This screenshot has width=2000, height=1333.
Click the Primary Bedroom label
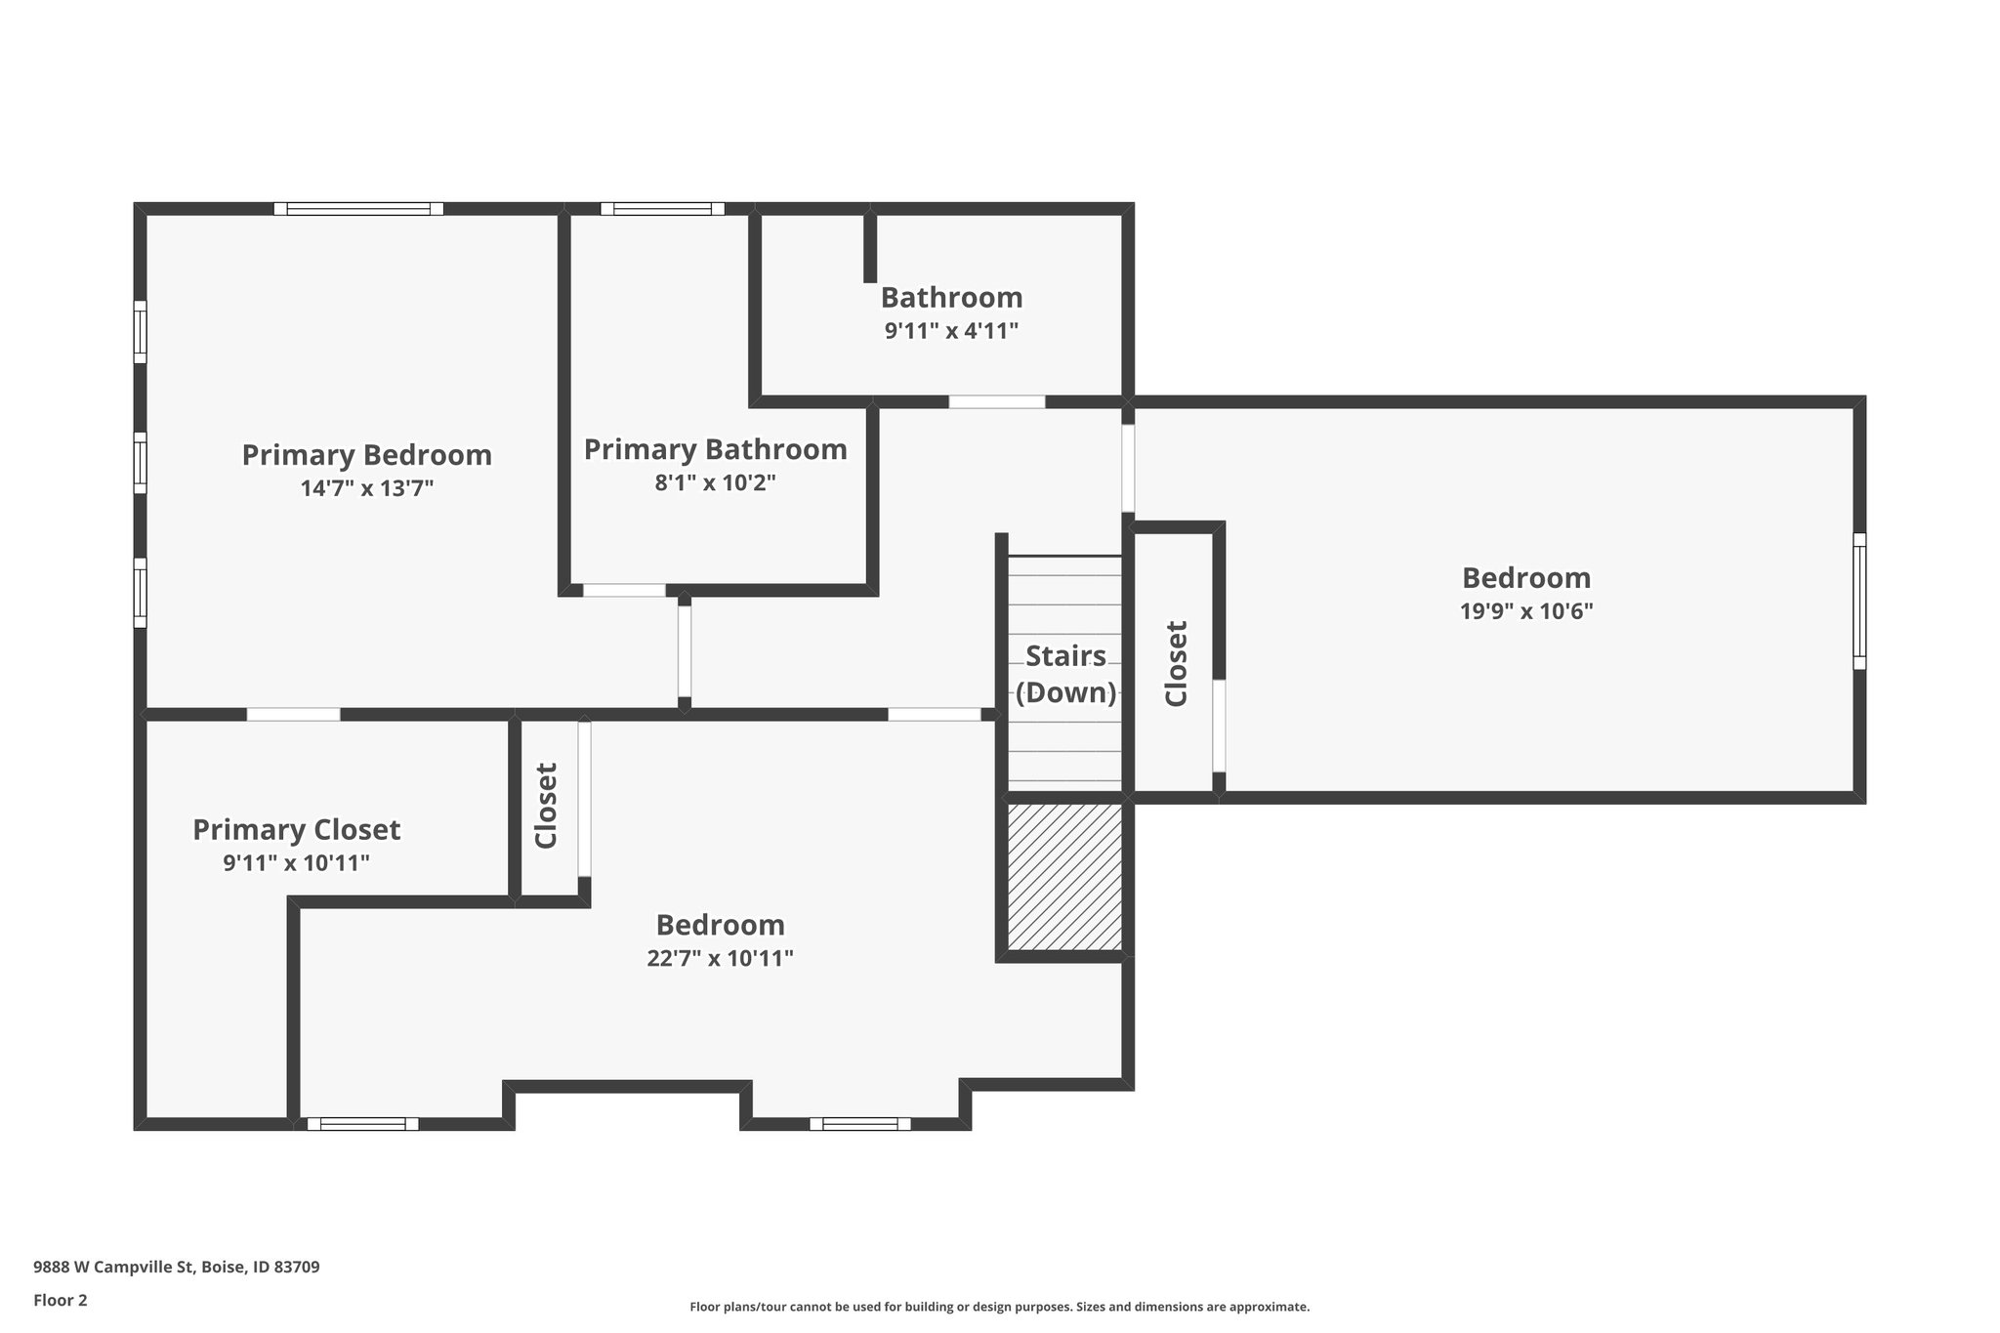click(366, 455)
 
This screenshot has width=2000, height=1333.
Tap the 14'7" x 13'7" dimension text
click(366, 488)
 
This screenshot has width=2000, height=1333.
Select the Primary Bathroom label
click(715, 449)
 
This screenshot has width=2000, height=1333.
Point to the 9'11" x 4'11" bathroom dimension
click(951, 331)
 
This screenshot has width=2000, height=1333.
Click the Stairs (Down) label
click(1065, 674)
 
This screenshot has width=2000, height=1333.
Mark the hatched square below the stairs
click(1064, 876)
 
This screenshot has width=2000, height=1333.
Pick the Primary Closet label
click(296, 830)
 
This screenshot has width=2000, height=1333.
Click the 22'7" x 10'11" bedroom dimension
click(720, 959)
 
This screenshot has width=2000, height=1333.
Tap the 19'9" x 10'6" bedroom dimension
click(1525, 612)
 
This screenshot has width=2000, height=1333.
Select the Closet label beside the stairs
click(1176, 664)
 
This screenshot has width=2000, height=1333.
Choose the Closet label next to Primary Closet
click(546, 806)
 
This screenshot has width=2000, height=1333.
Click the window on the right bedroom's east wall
click(1858, 601)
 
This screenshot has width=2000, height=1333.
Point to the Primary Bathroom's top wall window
click(662, 208)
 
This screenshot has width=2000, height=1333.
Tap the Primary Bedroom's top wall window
click(358, 208)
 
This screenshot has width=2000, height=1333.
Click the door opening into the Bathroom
click(996, 401)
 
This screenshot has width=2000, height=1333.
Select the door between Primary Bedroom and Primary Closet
click(293, 714)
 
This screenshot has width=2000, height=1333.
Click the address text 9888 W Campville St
click(176, 1267)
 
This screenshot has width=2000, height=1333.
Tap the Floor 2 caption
click(61, 1300)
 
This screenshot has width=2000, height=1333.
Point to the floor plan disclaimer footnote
click(999, 1307)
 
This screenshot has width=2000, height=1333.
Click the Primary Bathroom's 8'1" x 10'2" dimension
click(715, 482)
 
